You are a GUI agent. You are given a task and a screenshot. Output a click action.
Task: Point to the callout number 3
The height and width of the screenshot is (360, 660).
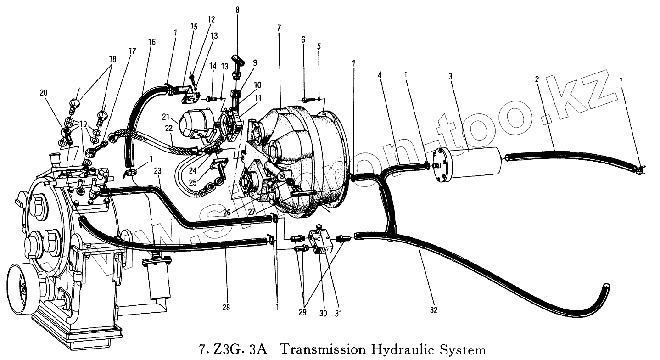(x=450, y=76)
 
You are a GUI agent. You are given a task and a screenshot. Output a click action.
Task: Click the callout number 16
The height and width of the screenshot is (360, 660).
(x=152, y=42)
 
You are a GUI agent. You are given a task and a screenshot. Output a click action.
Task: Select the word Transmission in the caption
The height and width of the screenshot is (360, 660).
(x=320, y=350)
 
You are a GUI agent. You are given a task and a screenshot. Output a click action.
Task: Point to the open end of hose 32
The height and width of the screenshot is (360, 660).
(x=607, y=287)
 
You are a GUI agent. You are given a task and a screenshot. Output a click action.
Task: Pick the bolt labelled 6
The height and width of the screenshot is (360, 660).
(x=308, y=100)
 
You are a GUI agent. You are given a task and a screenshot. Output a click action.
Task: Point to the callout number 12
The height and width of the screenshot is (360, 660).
(x=211, y=20)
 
